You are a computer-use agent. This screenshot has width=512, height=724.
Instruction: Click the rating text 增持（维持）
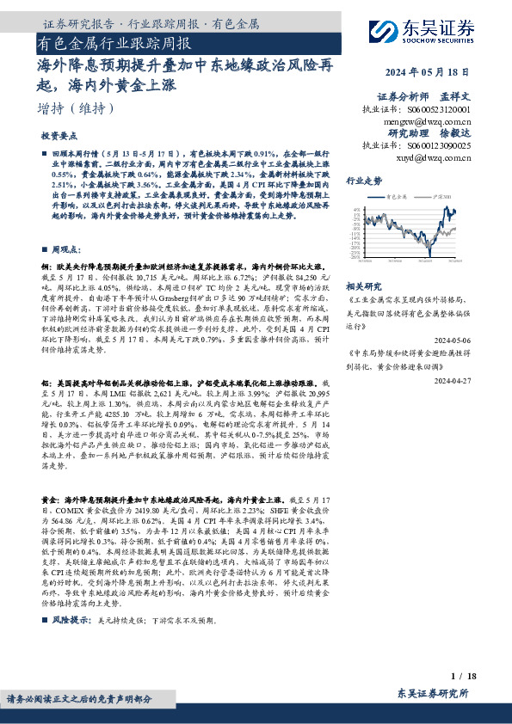click(x=77, y=108)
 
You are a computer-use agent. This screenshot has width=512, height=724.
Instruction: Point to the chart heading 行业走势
click(x=363, y=181)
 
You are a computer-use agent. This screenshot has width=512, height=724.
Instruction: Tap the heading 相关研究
click(x=362, y=285)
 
